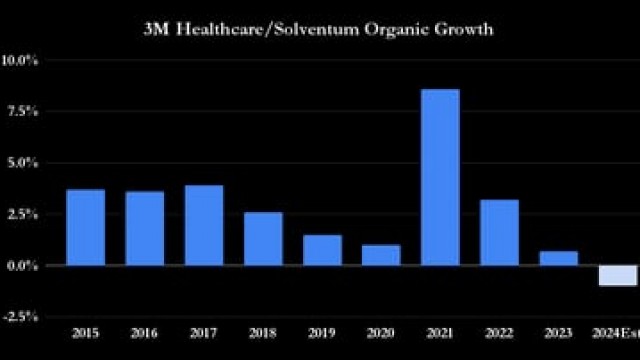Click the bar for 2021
pos(440,177)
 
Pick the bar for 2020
pos(381,255)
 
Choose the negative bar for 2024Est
pos(617,275)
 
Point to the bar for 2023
pos(558,258)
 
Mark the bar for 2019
pos(322,250)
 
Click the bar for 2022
pos(499,232)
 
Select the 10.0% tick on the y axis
pos(21,60)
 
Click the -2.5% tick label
pos(21,316)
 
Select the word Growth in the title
pos(465,29)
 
